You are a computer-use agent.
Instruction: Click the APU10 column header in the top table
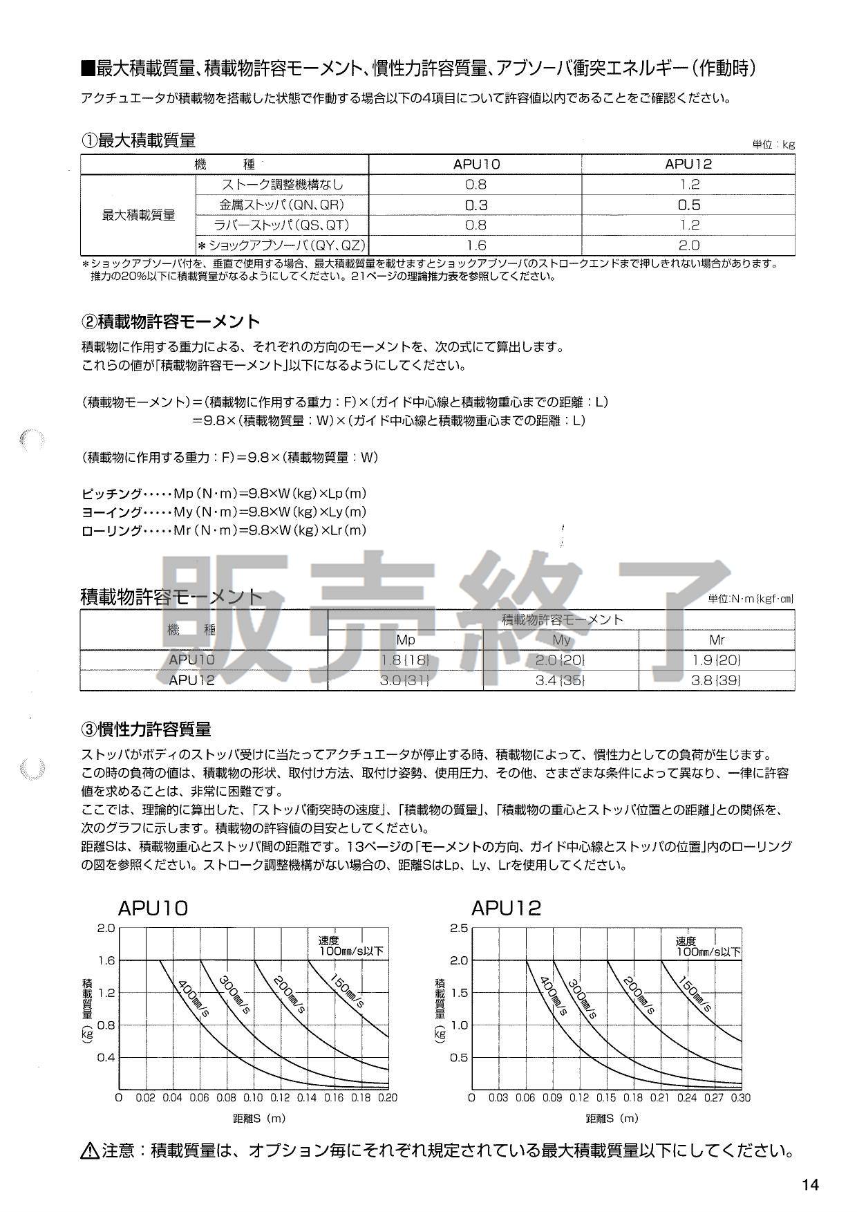[x=476, y=164]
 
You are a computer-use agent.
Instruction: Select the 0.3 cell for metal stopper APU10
[x=476, y=205]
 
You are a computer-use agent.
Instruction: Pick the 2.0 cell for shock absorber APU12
[x=688, y=245]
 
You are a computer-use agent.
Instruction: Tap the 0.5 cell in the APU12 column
[x=688, y=205]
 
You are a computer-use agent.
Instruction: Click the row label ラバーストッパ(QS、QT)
[x=283, y=225]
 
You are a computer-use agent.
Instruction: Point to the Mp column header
[x=406, y=640]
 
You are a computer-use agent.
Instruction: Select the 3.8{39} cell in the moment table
[x=717, y=680]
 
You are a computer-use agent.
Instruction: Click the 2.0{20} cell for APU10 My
[x=561, y=660]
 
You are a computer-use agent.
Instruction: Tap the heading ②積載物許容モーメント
[x=171, y=321]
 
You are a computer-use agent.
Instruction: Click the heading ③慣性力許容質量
[x=147, y=729]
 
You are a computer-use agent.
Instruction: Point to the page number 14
[x=810, y=1185]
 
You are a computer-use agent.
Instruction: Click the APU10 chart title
[x=153, y=908]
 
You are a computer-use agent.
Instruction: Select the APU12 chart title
[x=506, y=908]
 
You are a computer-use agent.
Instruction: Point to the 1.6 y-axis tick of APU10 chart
[x=106, y=960]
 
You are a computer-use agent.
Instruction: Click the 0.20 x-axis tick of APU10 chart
[x=388, y=1097]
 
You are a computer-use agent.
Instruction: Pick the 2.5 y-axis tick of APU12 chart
[x=459, y=928]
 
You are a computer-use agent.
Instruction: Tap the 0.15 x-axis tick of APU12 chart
[x=606, y=1097]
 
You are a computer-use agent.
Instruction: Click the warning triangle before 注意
[x=90, y=1151]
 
